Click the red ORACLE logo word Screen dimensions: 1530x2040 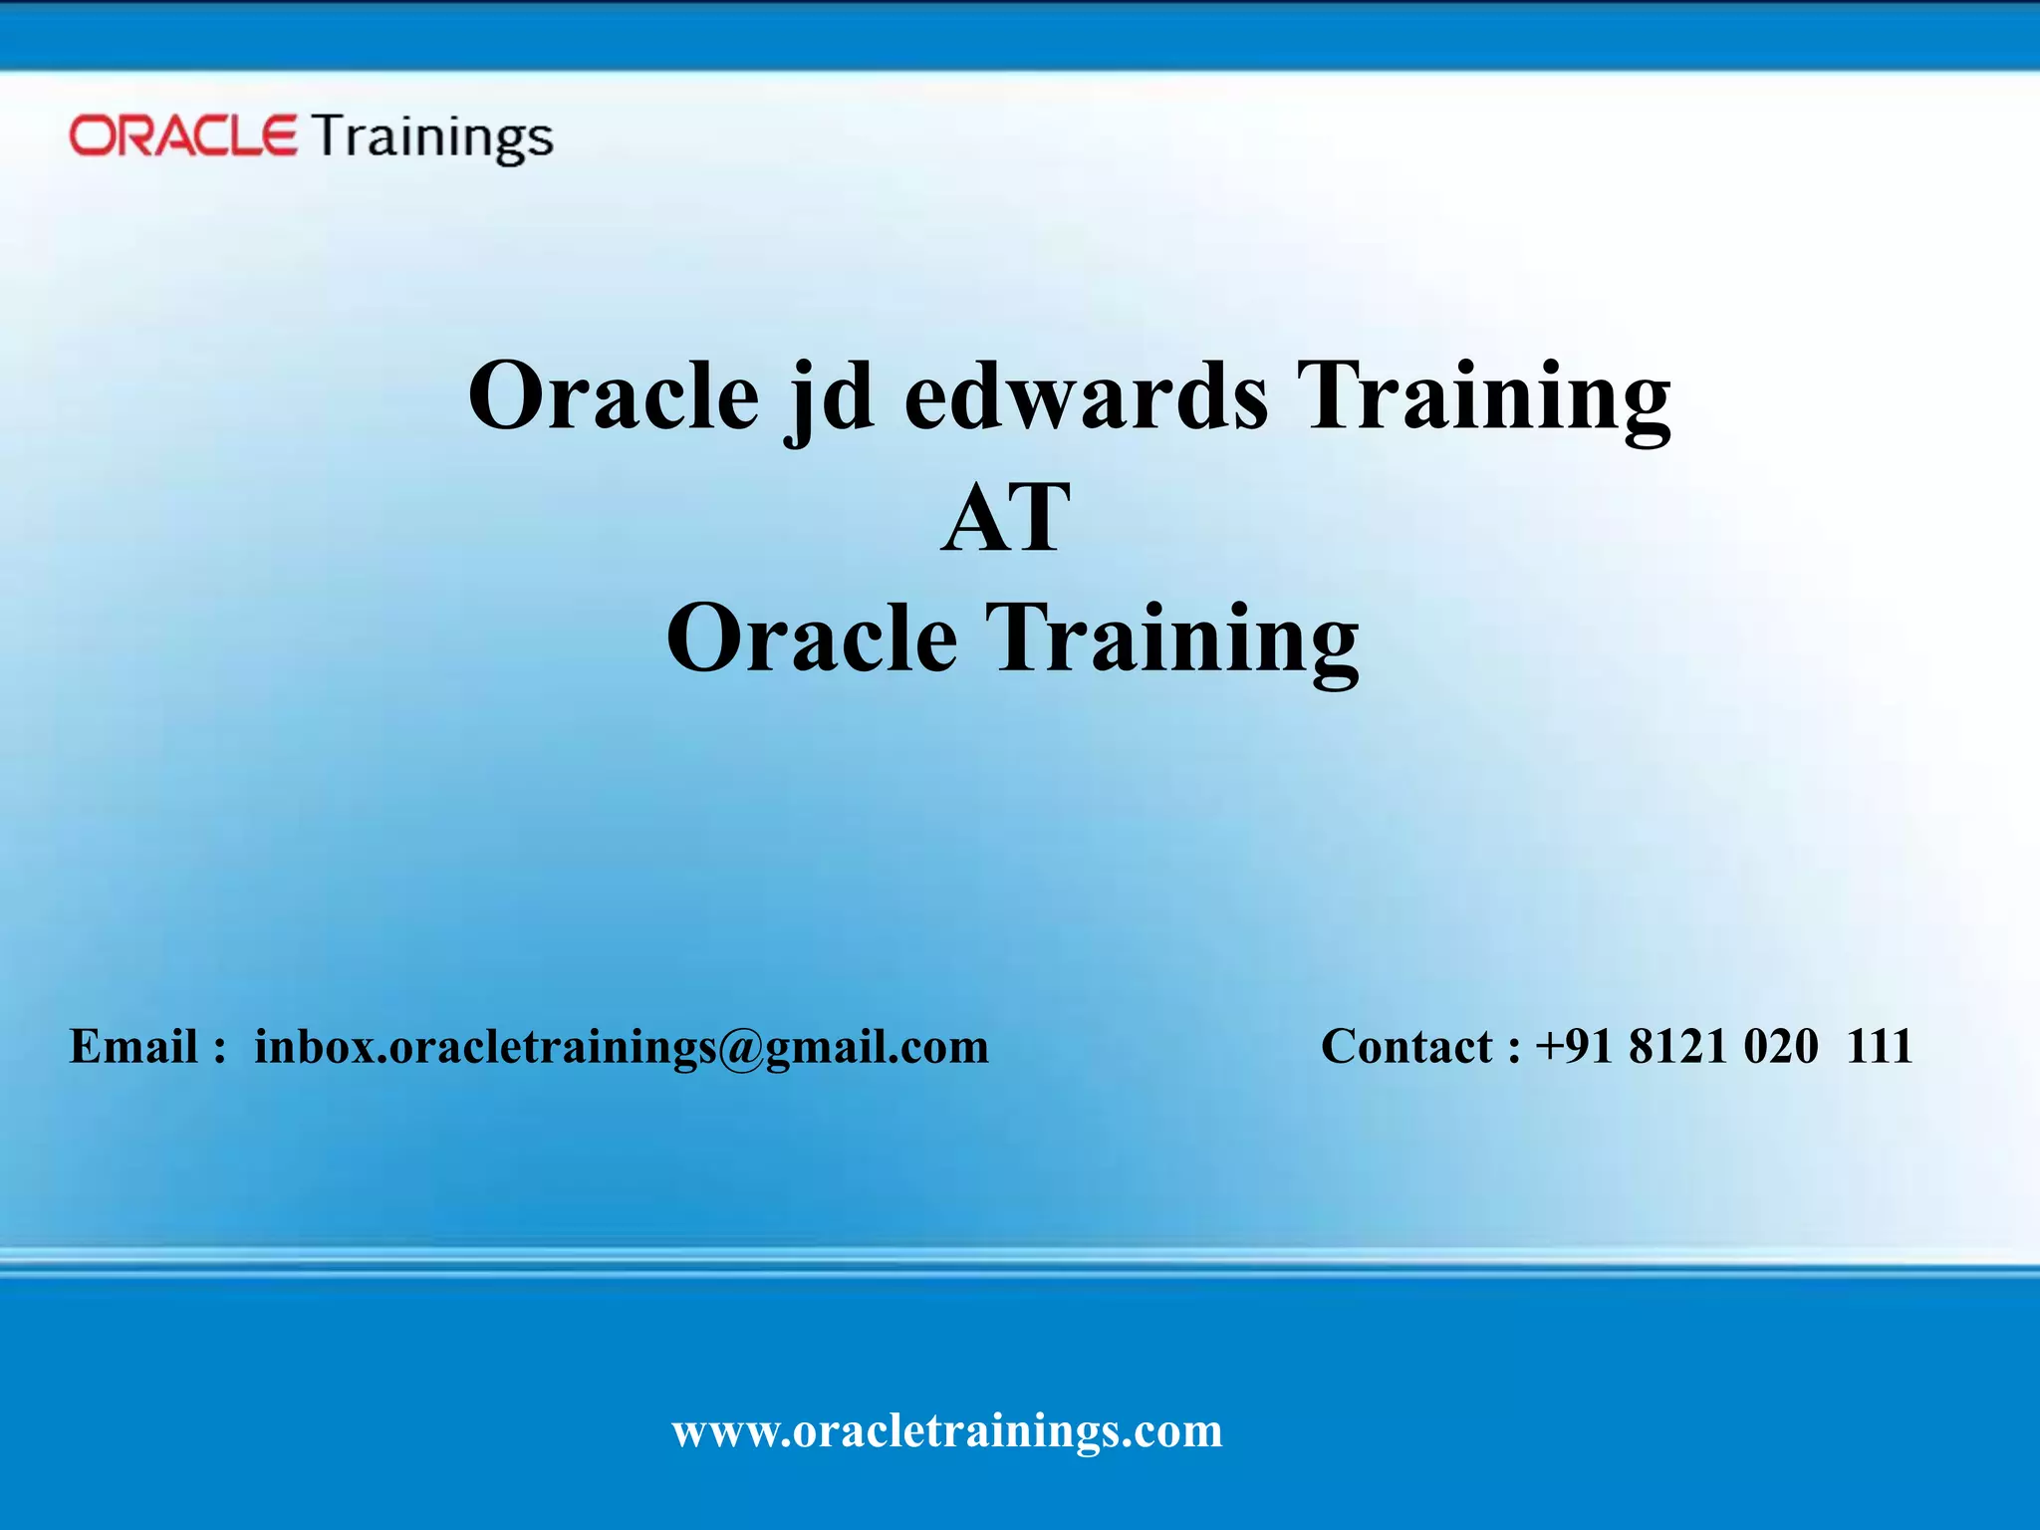pyautogui.click(x=182, y=135)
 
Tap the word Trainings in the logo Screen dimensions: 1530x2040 pyautogui.click(x=432, y=137)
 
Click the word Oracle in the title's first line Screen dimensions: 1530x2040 pyautogui.click(x=614, y=396)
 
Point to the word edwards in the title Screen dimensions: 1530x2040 pyautogui.click(x=1086, y=396)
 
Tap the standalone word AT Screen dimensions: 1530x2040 pyautogui.click(x=1006, y=518)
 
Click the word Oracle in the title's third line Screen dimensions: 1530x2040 pyautogui.click(x=811, y=638)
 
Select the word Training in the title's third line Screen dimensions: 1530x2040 pyautogui.click(x=1171, y=638)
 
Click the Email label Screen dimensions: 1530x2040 pyautogui.click(x=133, y=1047)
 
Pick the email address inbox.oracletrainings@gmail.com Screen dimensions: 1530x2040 pyautogui.click(x=621, y=1047)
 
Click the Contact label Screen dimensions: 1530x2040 pyautogui.click(x=1405, y=1047)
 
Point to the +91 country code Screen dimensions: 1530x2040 pyautogui.click(x=1574, y=1047)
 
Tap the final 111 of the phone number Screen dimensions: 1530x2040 pyautogui.click(x=1880, y=1047)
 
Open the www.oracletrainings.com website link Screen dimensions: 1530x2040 pyautogui.click(x=946, y=1431)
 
